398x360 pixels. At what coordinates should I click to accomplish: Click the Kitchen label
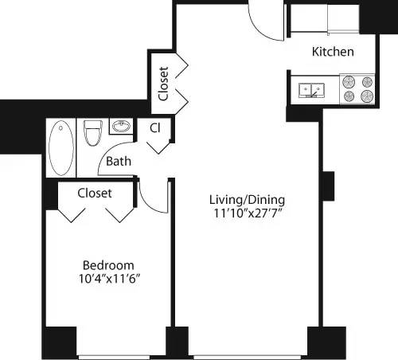(x=333, y=53)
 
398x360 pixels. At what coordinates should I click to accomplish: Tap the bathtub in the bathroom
(x=60, y=147)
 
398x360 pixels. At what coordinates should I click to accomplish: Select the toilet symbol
(x=91, y=132)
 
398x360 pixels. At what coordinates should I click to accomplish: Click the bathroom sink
(x=120, y=127)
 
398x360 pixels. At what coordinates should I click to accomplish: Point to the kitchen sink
(x=310, y=90)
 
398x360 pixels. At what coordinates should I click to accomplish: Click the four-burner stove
(x=357, y=88)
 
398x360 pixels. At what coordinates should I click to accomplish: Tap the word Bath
(x=119, y=162)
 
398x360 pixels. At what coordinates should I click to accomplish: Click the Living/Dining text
(x=247, y=199)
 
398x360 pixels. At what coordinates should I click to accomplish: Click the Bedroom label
(x=109, y=265)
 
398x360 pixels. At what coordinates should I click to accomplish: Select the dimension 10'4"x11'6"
(x=109, y=280)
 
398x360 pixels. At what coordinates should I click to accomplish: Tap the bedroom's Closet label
(x=95, y=193)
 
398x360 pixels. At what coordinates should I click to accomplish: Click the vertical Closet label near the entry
(x=164, y=84)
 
